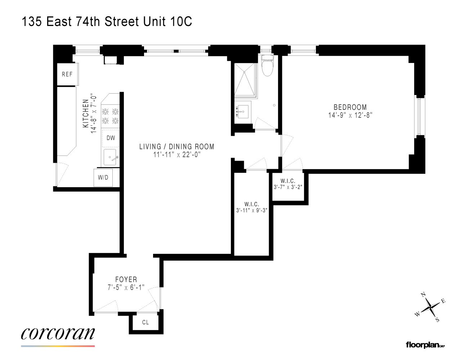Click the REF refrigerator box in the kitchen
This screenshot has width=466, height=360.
click(x=67, y=75)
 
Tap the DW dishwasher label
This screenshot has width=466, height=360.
click(x=111, y=138)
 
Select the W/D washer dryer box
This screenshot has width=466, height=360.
click(x=103, y=177)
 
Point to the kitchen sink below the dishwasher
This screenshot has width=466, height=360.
click(x=110, y=157)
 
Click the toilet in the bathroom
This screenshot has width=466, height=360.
click(x=267, y=66)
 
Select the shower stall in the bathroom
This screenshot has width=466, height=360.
click(x=245, y=80)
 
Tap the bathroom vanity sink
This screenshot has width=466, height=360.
click(x=242, y=112)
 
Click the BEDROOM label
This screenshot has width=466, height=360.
click(x=350, y=107)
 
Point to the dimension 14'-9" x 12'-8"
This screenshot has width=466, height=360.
click(x=350, y=115)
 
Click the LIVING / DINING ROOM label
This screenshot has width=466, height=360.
click(x=177, y=147)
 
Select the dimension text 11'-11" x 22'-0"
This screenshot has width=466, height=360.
click(x=177, y=155)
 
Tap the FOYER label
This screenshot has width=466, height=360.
click(x=126, y=279)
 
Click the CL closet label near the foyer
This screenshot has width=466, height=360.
click(x=145, y=322)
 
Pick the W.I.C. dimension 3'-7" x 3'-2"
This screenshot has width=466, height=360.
click(x=288, y=187)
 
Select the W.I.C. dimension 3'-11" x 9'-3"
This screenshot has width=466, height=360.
click(x=251, y=210)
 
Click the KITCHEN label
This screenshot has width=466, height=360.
click(x=86, y=113)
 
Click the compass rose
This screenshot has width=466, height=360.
click(x=430, y=307)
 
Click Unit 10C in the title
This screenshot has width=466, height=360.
click(x=167, y=22)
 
